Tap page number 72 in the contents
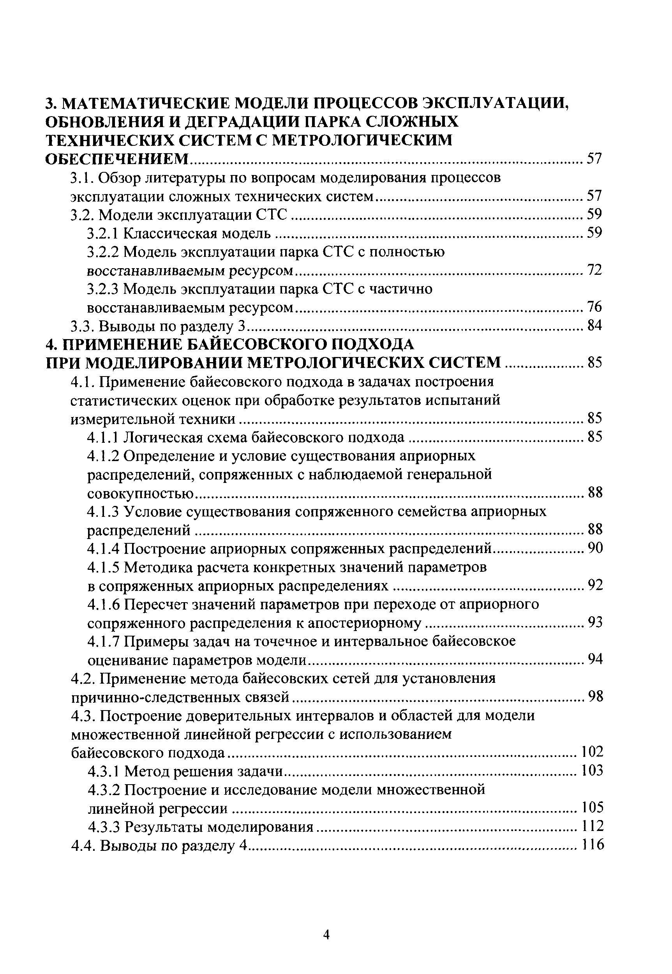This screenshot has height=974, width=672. click(x=594, y=270)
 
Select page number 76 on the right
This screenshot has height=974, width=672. click(x=594, y=307)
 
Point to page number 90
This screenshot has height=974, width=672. click(x=595, y=548)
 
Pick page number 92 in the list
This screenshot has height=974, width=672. click(x=595, y=585)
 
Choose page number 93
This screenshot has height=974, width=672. click(x=595, y=622)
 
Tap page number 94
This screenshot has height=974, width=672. click(x=595, y=659)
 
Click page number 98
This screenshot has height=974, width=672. click(x=595, y=697)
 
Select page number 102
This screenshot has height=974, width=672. click(x=592, y=752)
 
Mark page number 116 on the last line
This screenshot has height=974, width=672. click(x=592, y=845)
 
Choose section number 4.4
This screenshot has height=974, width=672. click(x=84, y=845)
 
